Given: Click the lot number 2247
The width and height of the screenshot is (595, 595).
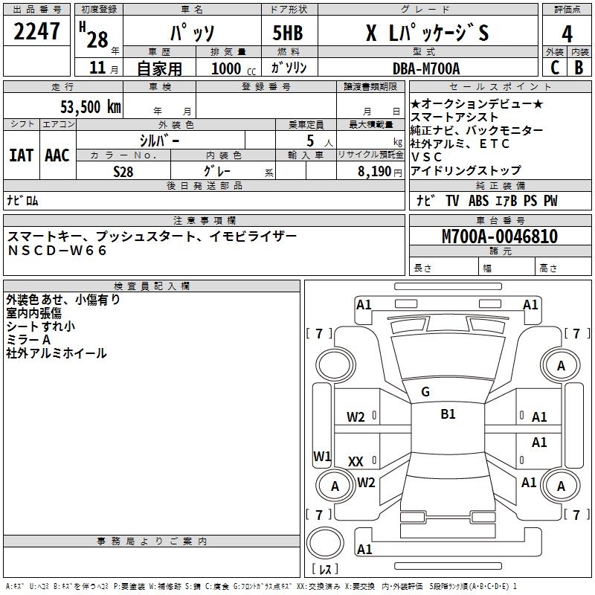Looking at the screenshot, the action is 37,33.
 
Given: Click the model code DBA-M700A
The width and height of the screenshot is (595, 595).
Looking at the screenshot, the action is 426,68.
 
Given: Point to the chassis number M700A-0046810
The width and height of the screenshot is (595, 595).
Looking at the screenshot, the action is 500,237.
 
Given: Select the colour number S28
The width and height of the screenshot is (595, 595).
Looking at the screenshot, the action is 123,171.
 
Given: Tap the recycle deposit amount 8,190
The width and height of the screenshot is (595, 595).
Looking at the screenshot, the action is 375,171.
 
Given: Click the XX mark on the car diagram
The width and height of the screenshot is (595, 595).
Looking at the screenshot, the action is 356,462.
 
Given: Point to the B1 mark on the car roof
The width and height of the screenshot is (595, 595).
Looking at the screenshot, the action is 448,414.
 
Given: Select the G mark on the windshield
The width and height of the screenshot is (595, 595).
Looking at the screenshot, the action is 425,392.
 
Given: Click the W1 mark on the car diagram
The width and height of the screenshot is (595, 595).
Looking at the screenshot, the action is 322,456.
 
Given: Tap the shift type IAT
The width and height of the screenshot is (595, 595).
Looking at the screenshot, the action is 21,155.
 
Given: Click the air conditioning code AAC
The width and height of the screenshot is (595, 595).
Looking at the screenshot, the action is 57,155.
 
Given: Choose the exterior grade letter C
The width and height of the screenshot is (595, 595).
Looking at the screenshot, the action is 554,68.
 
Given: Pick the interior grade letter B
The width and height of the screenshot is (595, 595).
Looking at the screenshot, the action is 579,68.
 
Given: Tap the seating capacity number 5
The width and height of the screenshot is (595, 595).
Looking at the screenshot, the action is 309,141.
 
